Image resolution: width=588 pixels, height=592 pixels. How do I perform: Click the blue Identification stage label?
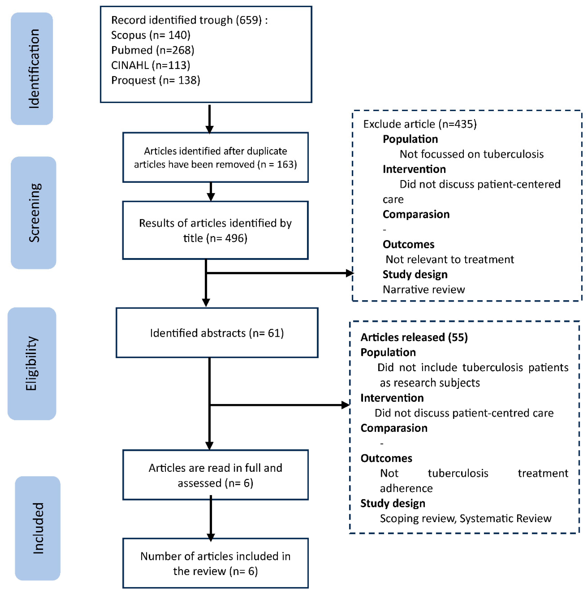pos(32,69)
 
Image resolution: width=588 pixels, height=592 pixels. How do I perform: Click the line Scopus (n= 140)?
pos(150,35)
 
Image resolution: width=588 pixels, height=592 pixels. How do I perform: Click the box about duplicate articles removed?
pos(215,157)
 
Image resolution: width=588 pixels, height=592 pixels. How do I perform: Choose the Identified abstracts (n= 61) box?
pos(217,333)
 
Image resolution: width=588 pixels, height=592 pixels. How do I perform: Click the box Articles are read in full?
pos(215,475)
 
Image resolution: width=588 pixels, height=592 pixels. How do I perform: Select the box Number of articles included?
pos(215,563)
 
